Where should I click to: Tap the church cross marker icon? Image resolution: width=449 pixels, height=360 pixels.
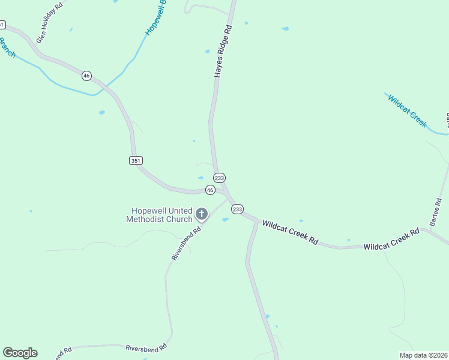(x=202, y=214)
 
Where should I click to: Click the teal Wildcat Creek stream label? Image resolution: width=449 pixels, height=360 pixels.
(x=407, y=111)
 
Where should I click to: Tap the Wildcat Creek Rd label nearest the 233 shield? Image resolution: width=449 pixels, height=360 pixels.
(x=289, y=232)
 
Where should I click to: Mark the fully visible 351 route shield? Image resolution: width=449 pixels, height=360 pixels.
(x=135, y=160)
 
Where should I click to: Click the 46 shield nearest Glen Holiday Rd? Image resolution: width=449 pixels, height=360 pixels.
(x=87, y=76)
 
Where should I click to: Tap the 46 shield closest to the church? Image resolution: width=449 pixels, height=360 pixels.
(x=210, y=190)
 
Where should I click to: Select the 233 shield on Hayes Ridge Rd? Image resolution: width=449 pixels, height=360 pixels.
(x=220, y=178)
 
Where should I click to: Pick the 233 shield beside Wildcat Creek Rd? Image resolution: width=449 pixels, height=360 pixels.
(x=237, y=209)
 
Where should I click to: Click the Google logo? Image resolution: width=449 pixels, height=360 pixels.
(x=20, y=353)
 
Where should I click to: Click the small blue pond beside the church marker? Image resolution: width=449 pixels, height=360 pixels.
(x=226, y=220)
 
